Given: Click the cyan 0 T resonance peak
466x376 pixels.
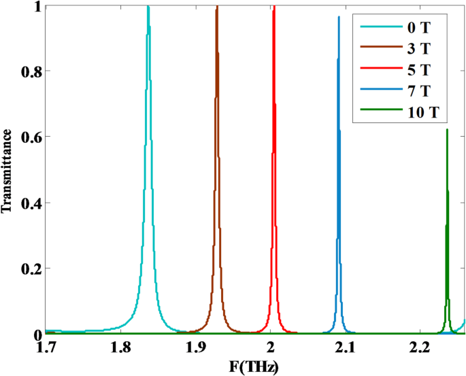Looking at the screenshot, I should (148, 8).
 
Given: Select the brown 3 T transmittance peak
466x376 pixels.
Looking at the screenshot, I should (217, 8).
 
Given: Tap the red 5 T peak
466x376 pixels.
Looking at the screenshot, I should (273, 8).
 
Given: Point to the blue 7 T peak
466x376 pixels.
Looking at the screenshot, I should (339, 18).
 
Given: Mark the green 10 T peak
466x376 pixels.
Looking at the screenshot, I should (447, 130).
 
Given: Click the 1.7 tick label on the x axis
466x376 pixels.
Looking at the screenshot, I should (46, 349).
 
